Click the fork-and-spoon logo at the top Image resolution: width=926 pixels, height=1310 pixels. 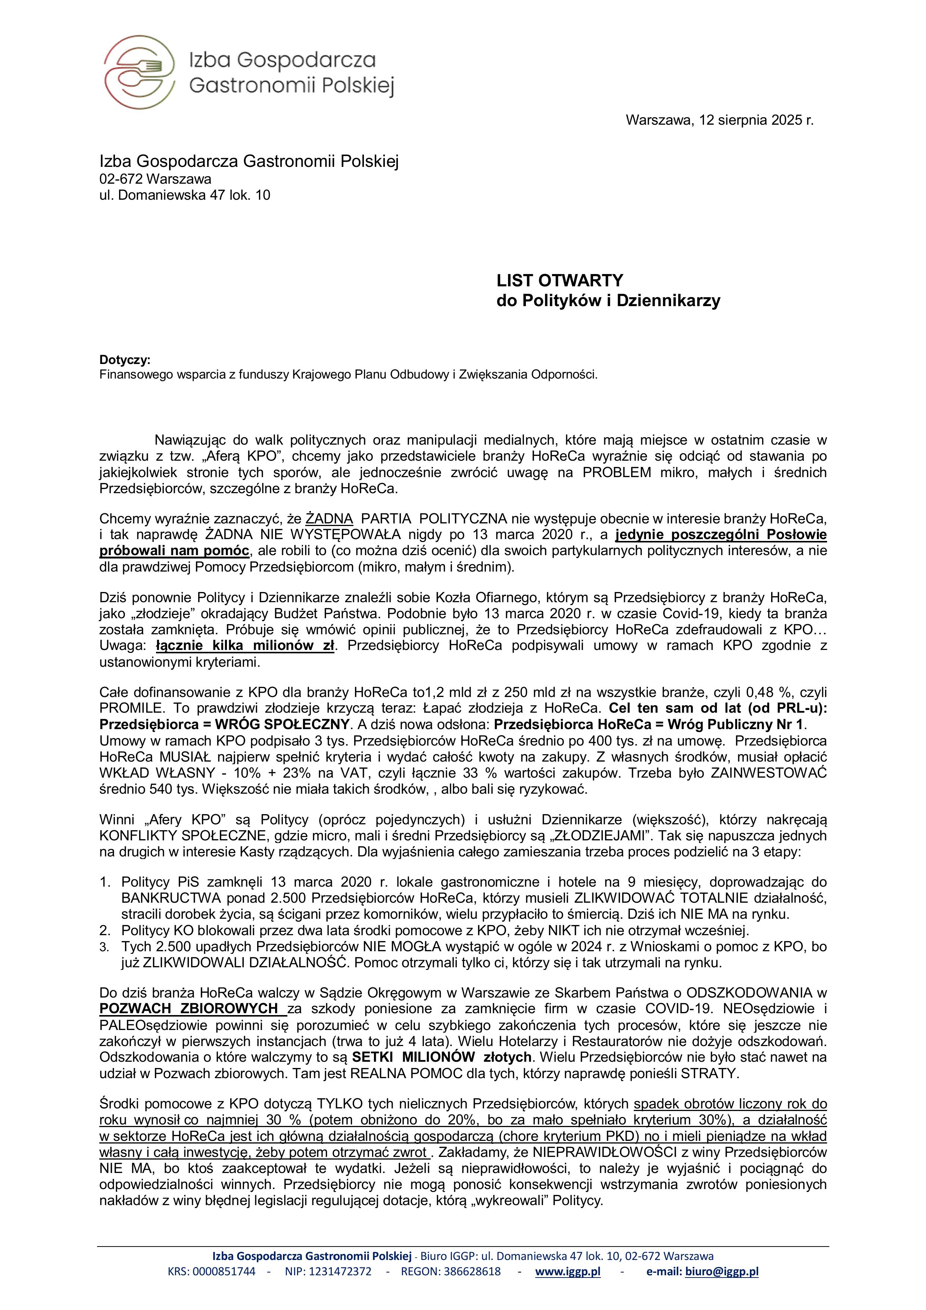tap(140, 72)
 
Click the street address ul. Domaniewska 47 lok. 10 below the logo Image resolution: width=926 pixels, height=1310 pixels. tap(185, 195)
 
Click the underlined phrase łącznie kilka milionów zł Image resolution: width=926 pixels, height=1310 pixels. tap(245, 646)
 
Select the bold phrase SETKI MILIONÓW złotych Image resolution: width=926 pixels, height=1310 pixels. tap(442, 1057)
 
